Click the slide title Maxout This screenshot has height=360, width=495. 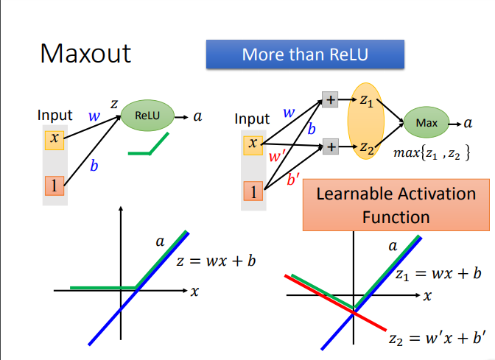pos(85,53)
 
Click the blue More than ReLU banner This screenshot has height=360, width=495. pos(305,54)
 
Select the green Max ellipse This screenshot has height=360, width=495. pos(426,123)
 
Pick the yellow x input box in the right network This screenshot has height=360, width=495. pos(253,145)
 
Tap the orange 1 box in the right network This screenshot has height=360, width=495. pos(253,193)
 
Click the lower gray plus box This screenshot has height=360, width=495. pos(331,147)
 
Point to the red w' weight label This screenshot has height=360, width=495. pos(277,156)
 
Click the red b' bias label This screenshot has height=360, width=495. pos(293,178)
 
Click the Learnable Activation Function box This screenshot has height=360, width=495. pos(396,205)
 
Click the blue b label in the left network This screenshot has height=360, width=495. pos(94,166)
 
